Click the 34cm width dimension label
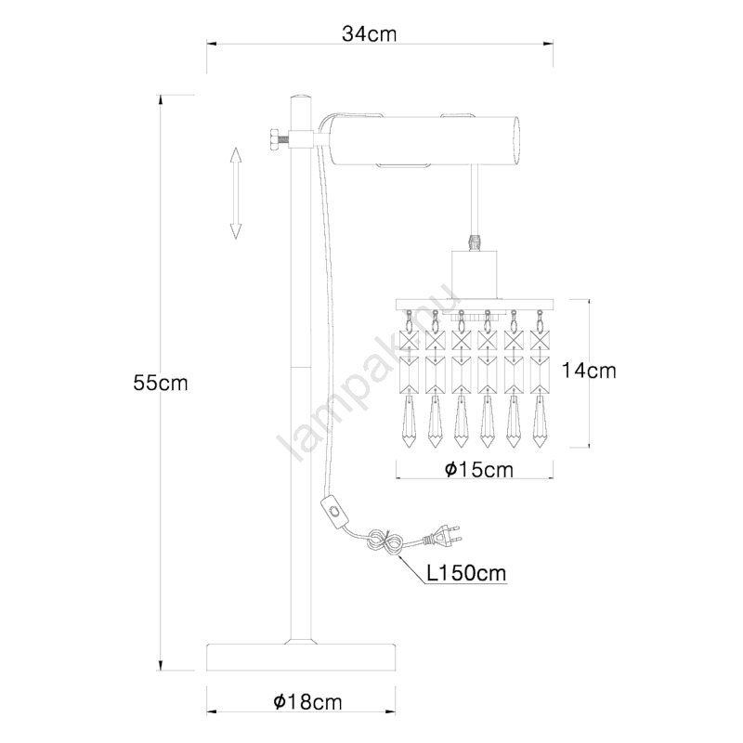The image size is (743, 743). click(369, 34)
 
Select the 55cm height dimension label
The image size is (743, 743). click(161, 383)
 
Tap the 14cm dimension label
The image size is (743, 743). click(589, 371)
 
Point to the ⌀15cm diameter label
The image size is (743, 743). click(479, 470)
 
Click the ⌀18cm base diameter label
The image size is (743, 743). click(307, 702)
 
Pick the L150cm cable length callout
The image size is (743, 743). click(466, 573)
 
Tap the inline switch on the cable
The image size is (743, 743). click(335, 511)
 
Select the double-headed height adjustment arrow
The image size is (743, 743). click(236, 193)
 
